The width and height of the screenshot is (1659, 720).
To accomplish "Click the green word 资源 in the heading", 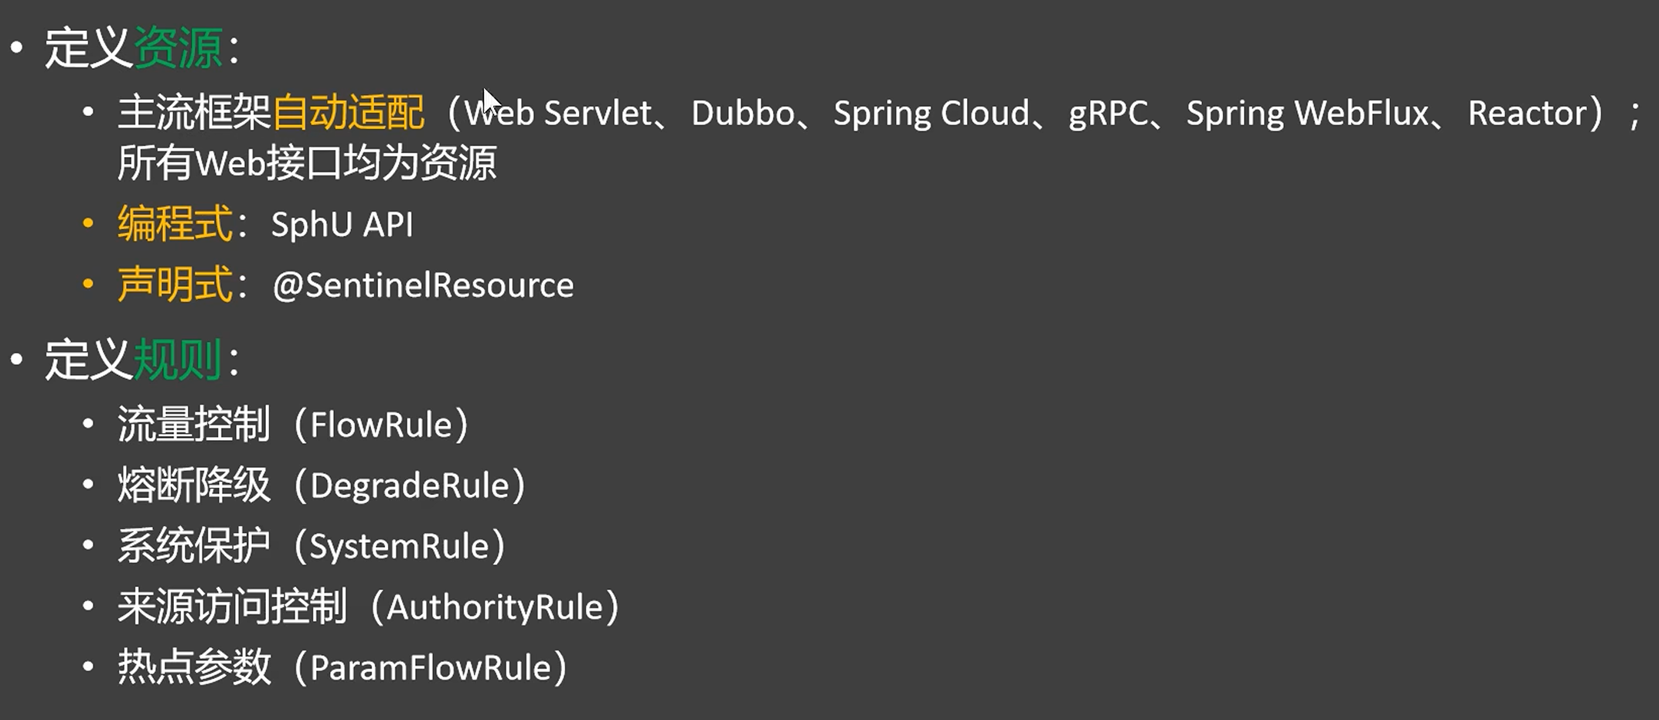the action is pyautogui.click(x=178, y=48).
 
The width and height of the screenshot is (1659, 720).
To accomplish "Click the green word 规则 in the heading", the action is pyautogui.click(x=178, y=360).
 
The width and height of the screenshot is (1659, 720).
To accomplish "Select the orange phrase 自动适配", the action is pyautogui.click(x=348, y=113).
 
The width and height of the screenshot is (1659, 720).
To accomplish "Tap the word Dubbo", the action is pyautogui.click(x=742, y=114).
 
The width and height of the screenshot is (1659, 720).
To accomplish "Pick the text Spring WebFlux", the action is pyautogui.click(x=1307, y=114).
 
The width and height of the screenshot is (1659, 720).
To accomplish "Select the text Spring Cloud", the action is pyautogui.click(x=931, y=114).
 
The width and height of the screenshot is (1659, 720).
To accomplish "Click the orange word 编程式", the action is pyautogui.click(x=175, y=224).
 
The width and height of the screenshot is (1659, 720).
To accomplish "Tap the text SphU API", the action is pyautogui.click(x=342, y=225).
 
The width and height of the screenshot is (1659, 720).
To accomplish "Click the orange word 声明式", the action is pyautogui.click(x=175, y=285).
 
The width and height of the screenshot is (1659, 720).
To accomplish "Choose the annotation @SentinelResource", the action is pyautogui.click(x=423, y=285).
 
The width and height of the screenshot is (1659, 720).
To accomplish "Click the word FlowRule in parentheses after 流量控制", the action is pyautogui.click(x=380, y=425).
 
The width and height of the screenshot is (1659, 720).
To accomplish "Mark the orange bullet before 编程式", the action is pyautogui.click(x=88, y=224).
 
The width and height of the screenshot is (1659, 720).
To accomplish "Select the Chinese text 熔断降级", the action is pyautogui.click(x=193, y=486).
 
